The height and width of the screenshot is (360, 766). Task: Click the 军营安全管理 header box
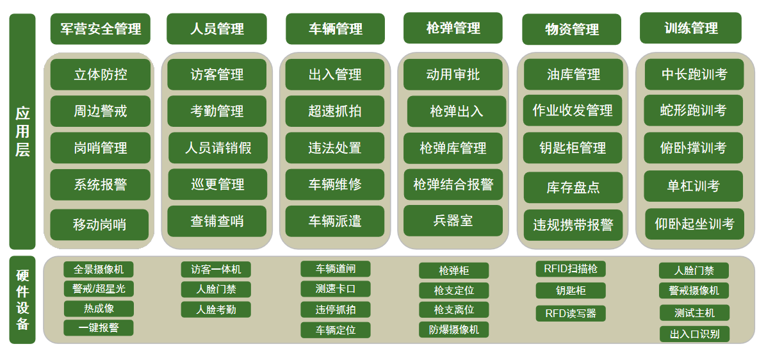click(100, 29)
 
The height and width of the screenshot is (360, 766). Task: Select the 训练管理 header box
click(690, 28)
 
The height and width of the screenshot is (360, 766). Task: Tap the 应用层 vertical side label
click(22, 131)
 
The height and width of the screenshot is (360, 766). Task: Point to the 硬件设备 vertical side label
click(22, 299)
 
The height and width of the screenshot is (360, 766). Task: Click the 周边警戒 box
click(100, 111)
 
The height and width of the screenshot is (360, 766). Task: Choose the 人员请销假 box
click(218, 147)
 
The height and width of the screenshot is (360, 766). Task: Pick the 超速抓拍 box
click(335, 111)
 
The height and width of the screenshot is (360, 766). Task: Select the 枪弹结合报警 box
click(453, 184)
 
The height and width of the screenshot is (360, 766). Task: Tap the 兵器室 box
click(453, 221)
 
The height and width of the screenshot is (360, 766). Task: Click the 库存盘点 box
click(573, 188)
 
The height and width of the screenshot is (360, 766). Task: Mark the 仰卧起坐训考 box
click(694, 224)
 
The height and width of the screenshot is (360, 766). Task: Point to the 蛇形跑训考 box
click(693, 110)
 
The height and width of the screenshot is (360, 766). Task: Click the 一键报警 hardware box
click(99, 328)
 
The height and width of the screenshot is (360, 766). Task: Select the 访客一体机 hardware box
click(216, 269)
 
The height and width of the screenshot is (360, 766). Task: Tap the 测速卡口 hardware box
click(336, 289)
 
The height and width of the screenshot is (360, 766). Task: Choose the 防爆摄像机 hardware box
click(454, 330)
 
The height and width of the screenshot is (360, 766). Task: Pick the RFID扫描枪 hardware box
click(571, 268)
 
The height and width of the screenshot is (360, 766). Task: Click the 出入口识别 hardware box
click(694, 334)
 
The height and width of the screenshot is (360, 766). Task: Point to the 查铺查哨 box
click(217, 221)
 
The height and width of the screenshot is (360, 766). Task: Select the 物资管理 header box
click(571, 29)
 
